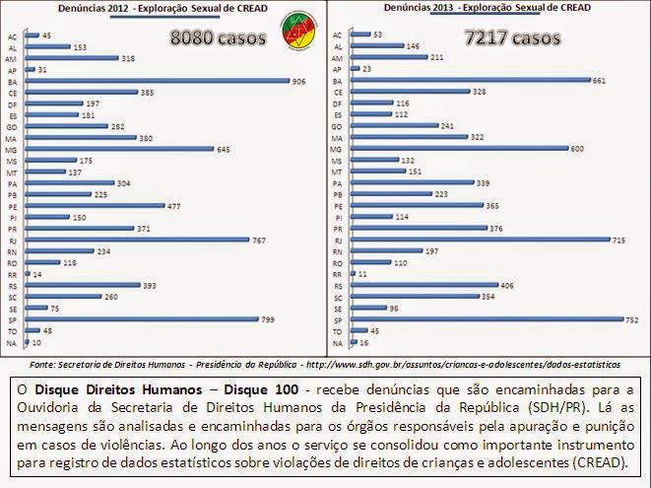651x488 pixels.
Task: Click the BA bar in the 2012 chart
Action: tap(160, 81)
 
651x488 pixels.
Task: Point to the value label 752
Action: tap(632, 319)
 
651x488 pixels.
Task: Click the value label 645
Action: tap(224, 149)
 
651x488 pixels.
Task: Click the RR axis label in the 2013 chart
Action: tap(338, 274)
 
